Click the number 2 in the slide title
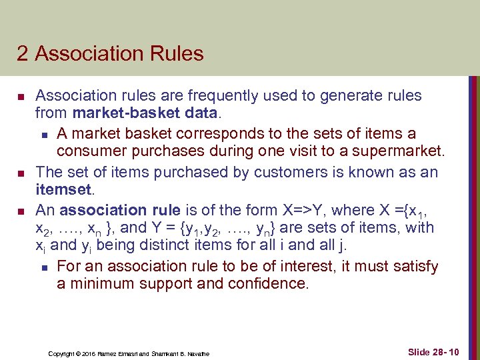click(23, 53)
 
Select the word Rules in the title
click(176, 53)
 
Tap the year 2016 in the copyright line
click(89, 353)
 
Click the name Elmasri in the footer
click(134, 353)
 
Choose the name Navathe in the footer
click(197, 353)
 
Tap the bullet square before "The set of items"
click(21, 173)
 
